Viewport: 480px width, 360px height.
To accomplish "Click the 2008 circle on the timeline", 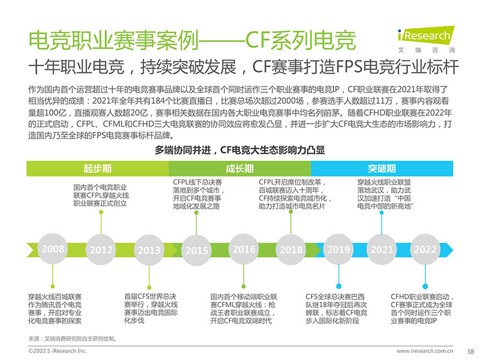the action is coord(53,249).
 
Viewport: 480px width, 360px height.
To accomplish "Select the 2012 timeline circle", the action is coord(101,250).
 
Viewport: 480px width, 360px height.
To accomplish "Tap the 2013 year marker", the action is coord(149,250).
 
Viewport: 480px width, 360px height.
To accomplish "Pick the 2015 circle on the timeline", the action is coord(197,250).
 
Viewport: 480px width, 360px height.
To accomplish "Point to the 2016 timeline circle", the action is coord(244,249).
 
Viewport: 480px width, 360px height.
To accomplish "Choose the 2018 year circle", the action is coord(291,250).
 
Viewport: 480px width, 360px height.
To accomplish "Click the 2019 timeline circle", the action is coord(338,249).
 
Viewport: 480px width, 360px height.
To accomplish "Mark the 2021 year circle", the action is coord(382,250).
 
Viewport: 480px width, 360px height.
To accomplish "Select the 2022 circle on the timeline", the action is coord(425,250).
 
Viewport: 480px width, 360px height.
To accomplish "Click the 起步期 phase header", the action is coord(98,169).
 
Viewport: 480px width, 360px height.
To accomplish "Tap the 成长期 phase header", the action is coord(239,169).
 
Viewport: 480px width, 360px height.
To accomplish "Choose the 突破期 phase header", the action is coord(382,169).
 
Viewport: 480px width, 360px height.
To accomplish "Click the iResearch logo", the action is coord(427,39).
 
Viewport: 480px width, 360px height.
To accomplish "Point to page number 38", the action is coord(470,352).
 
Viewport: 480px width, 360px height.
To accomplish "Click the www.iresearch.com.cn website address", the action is coord(425,351).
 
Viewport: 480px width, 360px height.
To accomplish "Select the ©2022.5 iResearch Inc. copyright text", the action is coord(57,351).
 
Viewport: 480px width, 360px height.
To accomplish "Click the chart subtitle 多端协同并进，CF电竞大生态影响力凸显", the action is coord(239,150).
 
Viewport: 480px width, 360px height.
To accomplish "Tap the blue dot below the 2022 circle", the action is coord(425,287).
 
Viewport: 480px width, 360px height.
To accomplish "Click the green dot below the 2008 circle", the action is coord(53,287).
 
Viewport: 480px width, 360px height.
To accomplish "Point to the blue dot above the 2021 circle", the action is coord(382,212).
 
